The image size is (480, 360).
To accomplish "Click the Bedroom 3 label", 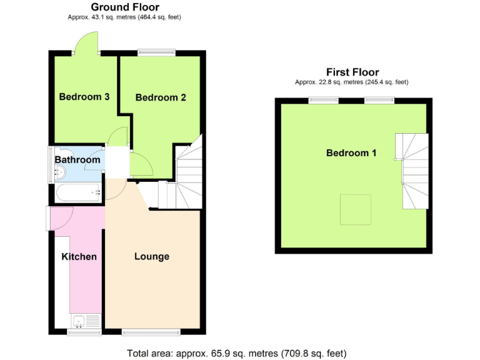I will click(x=84, y=97).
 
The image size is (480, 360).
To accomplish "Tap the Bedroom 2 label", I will click(x=161, y=97).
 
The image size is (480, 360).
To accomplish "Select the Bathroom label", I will click(x=77, y=160).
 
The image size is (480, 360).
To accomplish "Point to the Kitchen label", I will click(x=79, y=256).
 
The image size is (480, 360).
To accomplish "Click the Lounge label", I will click(x=152, y=256).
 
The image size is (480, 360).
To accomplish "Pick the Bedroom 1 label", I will click(x=351, y=153).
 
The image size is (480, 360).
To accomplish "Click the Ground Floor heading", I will click(x=124, y=7).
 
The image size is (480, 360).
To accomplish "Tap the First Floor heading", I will click(x=352, y=72).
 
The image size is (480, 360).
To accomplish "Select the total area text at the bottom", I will click(x=236, y=353).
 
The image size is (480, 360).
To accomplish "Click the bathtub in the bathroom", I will click(x=78, y=192).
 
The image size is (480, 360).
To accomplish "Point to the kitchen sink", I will click(x=79, y=322).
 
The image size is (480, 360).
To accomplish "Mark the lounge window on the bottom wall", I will click(x=151, y=331).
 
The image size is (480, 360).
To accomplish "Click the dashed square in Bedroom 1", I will click(x=356, y=209).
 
